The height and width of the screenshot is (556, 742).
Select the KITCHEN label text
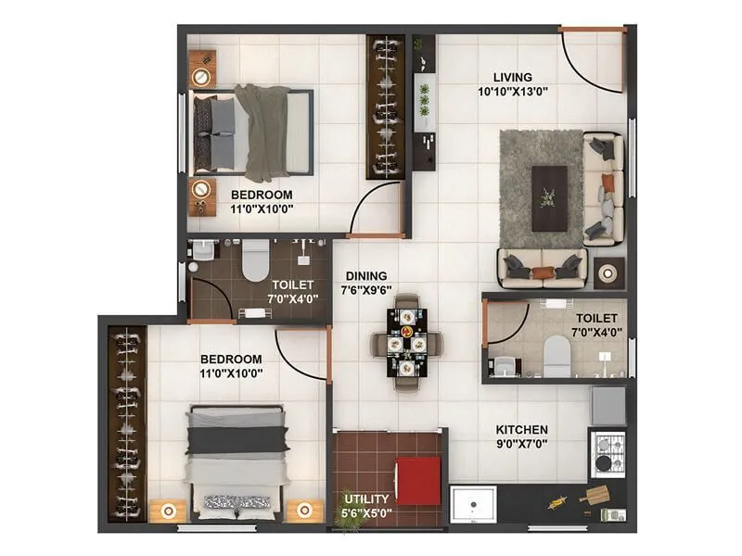tap(521, 430)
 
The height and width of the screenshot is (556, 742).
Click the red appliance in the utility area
tap(418, 481)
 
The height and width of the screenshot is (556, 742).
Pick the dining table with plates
tap(406, 343)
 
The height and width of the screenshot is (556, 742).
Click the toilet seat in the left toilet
tap(253, 264)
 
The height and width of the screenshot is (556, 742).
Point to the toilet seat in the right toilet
tap(556, 357)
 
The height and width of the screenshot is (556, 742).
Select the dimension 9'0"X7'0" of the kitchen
tap(521, 445)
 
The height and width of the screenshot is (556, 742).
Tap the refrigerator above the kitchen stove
tap(608, 403)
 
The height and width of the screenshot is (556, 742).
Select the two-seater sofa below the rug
tap(543, 268)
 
